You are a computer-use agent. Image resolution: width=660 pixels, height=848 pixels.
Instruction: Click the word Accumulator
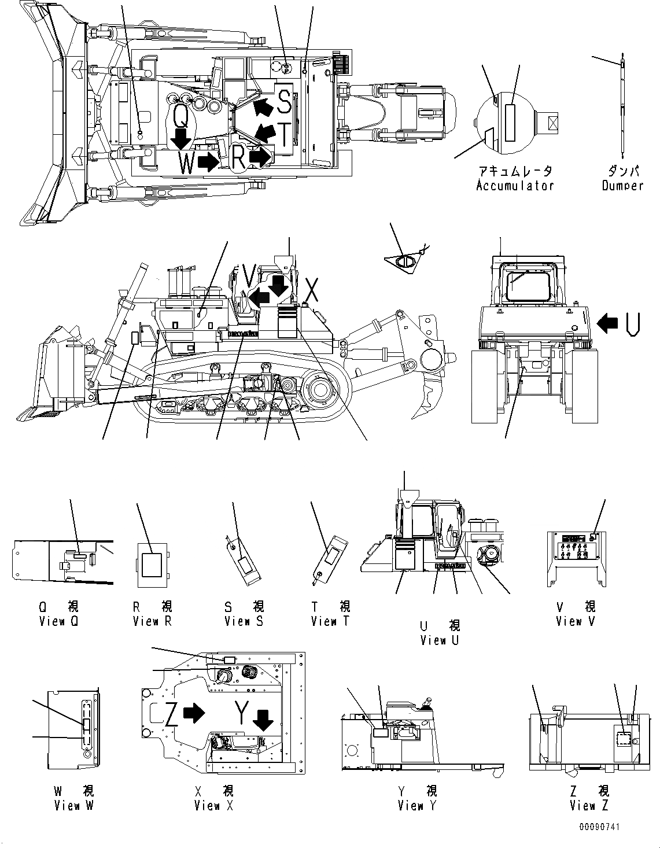pos(514,186)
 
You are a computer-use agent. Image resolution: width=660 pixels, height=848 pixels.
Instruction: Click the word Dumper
pos(622,186)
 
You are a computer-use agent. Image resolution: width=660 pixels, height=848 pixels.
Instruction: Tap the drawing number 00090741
pos(599,827)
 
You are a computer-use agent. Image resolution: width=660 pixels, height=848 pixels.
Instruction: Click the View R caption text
pos(152,621)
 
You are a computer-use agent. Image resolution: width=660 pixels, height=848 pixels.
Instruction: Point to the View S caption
pos(244,621)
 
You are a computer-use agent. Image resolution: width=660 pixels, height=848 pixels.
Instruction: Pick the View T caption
pos(330,621)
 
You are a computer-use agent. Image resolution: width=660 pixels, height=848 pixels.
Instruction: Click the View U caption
pos(441,640)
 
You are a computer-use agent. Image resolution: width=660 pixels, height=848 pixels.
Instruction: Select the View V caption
pos(575,621)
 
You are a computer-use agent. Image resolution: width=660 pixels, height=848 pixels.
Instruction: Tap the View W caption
pos(73,806)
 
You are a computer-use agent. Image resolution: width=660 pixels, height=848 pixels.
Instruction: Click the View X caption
pos(213,806)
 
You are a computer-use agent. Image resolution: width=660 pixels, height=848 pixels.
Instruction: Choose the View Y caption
pos(417,806)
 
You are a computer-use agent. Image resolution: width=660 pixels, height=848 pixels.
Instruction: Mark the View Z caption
pos(589,806)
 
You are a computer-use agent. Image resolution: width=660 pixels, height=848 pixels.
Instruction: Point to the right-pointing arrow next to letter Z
pos(193,713)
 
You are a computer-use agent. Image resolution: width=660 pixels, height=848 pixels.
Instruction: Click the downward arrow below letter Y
pos(264,721)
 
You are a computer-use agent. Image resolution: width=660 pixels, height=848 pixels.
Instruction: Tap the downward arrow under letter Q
pos(182,139)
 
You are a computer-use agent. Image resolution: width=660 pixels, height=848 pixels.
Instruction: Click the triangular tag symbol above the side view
pos(406,261)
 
